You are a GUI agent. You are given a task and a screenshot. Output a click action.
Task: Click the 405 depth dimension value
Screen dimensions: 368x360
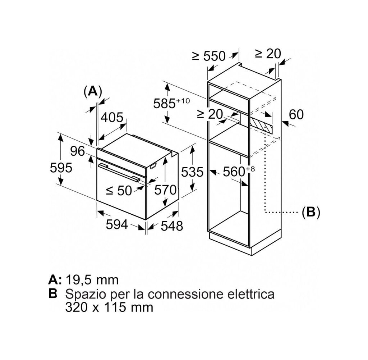112,117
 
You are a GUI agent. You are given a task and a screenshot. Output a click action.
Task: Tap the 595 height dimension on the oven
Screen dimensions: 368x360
61,168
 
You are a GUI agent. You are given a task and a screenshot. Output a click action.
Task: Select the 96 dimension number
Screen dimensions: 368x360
78,151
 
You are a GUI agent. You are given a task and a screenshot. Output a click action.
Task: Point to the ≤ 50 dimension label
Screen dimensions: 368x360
119,190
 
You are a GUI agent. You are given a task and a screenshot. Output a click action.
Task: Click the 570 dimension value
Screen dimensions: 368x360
165,190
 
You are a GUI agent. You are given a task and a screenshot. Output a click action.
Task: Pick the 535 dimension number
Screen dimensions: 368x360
192,172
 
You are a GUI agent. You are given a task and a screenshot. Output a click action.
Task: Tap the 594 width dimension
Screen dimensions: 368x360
117,224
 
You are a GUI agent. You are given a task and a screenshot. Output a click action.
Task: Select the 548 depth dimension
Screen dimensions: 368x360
172,226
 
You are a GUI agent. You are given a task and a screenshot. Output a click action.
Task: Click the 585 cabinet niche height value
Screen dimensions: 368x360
171,103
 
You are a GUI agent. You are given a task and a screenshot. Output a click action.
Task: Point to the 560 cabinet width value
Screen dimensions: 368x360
239,172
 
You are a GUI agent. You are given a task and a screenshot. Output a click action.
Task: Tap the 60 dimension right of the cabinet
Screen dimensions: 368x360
296,114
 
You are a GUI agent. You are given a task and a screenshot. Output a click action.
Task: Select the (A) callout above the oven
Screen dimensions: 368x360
93,92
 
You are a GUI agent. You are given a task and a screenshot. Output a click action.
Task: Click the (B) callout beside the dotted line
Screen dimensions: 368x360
311,213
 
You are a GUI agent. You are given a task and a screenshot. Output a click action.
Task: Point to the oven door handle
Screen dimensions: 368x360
119,173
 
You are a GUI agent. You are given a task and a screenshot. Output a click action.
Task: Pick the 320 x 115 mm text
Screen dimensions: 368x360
109,307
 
